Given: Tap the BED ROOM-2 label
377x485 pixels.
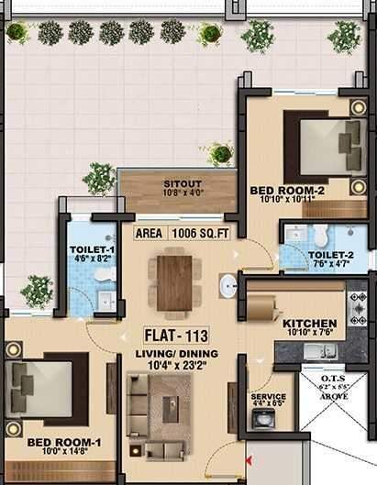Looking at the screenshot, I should click(x=288, y=191).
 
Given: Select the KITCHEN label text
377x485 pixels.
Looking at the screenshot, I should click(x=309, y=324).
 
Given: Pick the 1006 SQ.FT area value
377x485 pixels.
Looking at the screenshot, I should click(x=210, y=233).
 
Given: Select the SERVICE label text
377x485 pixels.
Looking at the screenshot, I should click(x=268, y=397).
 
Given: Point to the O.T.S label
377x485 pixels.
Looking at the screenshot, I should click(x=334, y=377).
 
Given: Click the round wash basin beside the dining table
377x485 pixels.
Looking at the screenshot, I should click(x=227, y=285).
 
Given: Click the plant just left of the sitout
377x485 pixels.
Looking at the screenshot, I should click(x=98, y=176).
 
